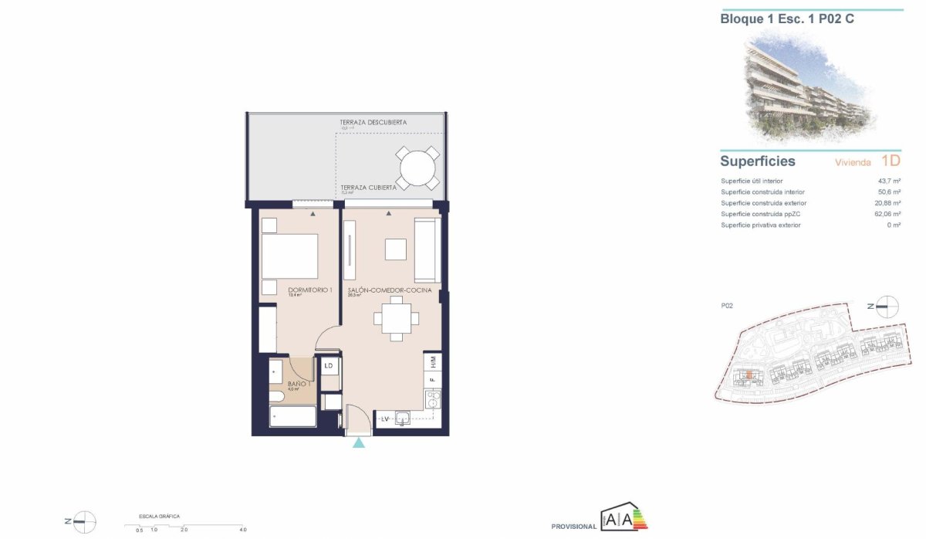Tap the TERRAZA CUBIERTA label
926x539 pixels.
coord(368,187)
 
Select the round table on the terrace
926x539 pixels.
coord(417,166)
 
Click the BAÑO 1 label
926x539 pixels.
coord(299,384)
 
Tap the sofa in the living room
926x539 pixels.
coord(427,250)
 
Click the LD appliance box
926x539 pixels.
coord(329,366)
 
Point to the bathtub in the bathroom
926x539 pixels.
coord(292,417)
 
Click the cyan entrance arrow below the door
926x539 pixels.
coord(359,442)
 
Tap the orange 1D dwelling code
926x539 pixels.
coord(891,161)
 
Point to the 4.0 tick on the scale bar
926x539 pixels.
coord(242,530)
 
